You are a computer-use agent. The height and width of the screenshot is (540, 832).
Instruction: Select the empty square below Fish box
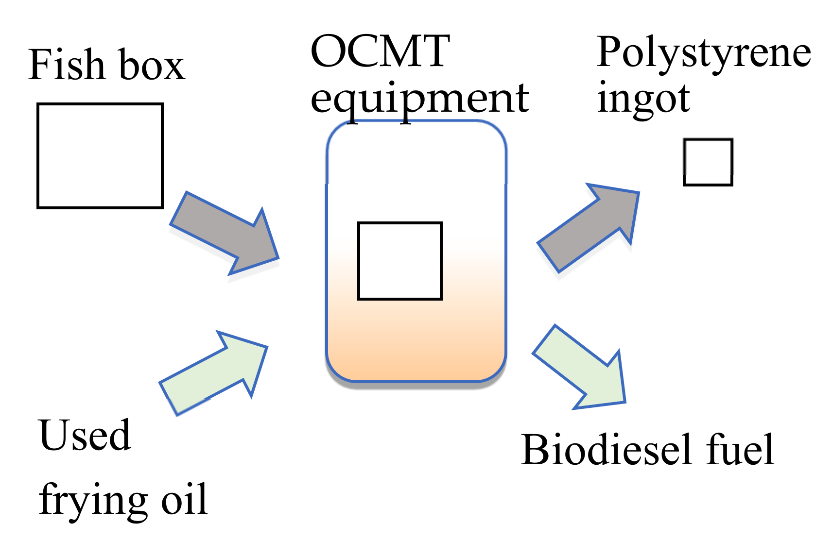(x=100, y=156)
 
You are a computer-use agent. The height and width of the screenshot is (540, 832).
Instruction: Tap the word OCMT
(x=380, y=51)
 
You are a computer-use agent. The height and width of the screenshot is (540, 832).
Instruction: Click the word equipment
(x=419, y=99)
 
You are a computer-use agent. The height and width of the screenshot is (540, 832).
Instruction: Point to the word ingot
(x=642, y=99)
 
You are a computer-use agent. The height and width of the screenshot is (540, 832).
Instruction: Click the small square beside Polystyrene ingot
(x=708, y=162)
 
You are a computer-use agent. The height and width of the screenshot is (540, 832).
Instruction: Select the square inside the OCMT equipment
(x=399, y=261)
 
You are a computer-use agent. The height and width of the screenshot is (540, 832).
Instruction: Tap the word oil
(x=185, y=499)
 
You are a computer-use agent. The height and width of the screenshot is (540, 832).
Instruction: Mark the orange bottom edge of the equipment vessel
(x=416, y=379)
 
